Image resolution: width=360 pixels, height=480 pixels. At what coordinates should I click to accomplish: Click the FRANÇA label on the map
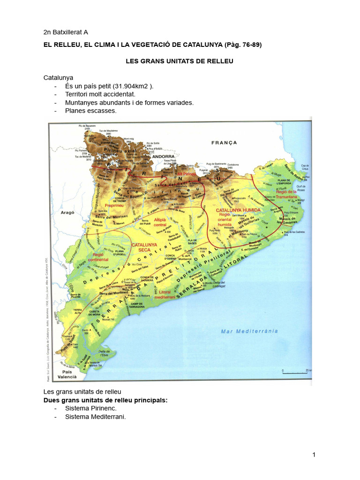(224, 142)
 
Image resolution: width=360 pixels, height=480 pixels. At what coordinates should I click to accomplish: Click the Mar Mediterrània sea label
(249, 331)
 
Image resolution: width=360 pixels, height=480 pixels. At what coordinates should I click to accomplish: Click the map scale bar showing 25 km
(295, 373)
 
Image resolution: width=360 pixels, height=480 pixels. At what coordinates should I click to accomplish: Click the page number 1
(314, 455)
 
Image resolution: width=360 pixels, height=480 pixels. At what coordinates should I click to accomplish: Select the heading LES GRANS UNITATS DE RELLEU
(180, 61)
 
